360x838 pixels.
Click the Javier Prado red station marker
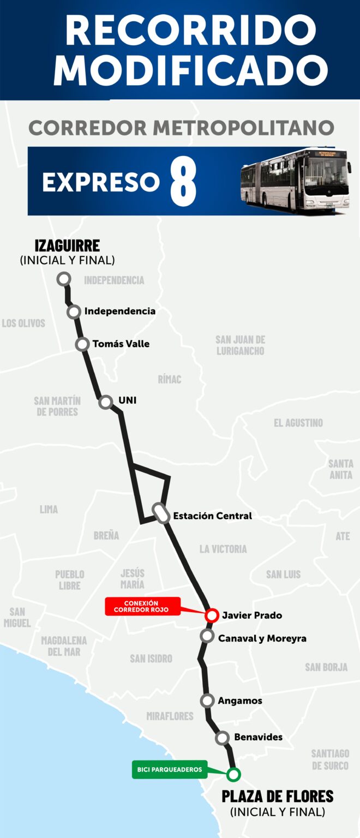212,615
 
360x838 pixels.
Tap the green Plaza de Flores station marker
233,774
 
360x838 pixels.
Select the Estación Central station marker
161,513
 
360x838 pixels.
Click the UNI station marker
105,402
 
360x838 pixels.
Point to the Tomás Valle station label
121,344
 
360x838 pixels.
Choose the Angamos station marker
207,701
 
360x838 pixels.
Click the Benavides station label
258,737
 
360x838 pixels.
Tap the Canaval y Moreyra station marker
207,636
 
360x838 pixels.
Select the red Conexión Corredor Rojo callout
142,606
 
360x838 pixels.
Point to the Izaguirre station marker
64,279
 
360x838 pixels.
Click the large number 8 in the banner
183,182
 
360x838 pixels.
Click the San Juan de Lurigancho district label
240,345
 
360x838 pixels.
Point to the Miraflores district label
170,716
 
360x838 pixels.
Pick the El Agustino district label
298,423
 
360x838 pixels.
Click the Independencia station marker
74,312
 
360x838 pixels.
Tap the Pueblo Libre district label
70,580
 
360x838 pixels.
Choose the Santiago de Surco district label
330,759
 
